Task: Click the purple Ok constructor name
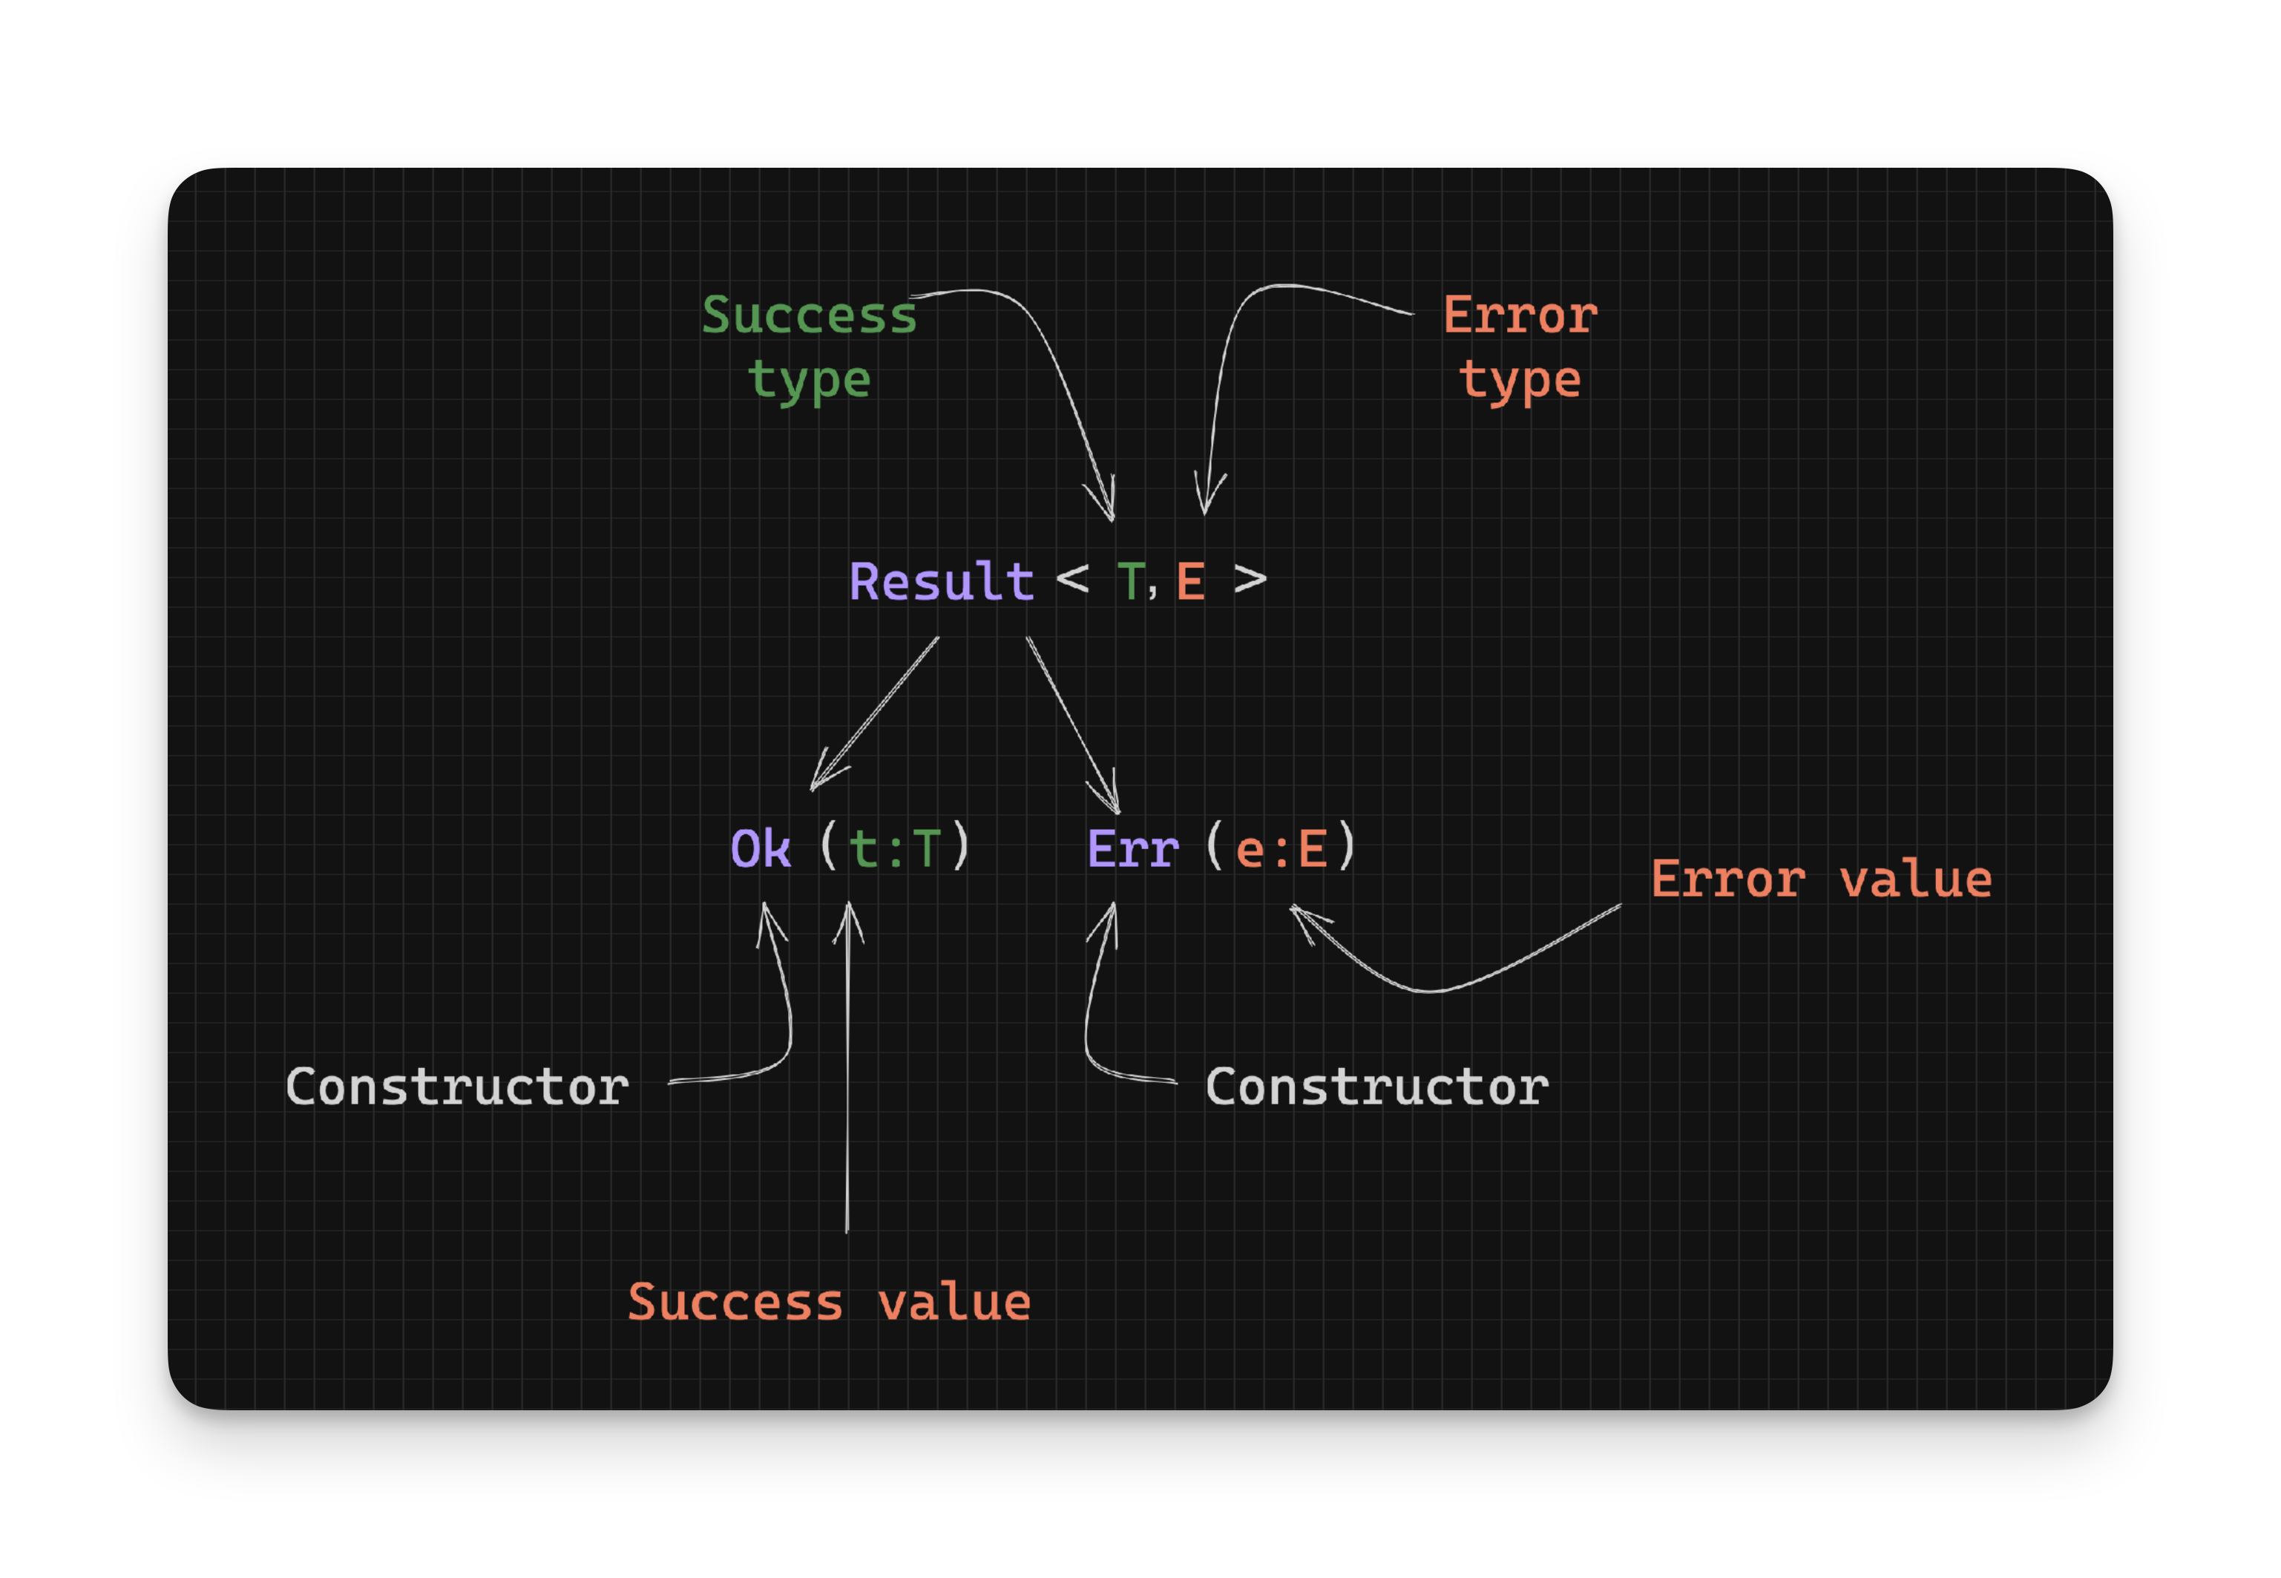[x=760, y=848]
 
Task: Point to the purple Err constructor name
[x=1132, y=848]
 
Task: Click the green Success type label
[x=810, y=346]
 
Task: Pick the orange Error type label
[x=1520, y=346]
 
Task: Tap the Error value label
[x=1820, y=879]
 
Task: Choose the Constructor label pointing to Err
[x=1376, y=1087]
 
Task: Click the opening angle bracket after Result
[x=1072, y=580]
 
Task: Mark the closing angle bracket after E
[x=1250, y=580]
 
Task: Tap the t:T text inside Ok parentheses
[x=894, y=848]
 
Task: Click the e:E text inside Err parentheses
[x=1281, y=848]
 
